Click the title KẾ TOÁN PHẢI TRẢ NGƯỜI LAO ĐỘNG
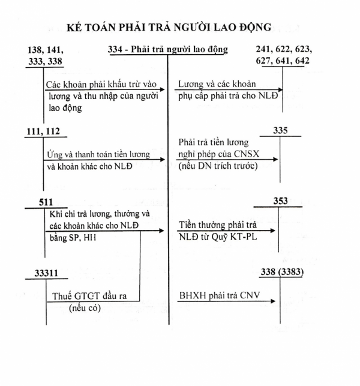click(x=169, y=27)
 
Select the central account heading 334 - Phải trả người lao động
click(x=168, y=49)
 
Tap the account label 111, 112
click(x=43, y=131)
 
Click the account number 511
click(x=46, y=202)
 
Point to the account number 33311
click(x=46, y=273)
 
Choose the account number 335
click(x=280, y=130)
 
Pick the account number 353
click(x=281, y=201)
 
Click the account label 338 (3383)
click(x=282, y=272)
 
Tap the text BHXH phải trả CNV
click(x=220, y=295)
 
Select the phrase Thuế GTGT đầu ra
click(x=89, y=296)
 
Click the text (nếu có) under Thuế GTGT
click(x=85, y=308)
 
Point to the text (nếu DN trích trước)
click(x=218, y=166)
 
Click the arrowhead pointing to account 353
click(x=272, y=231)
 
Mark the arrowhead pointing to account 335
click(x=275, y=160)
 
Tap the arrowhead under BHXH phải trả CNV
click(x=272, y=301)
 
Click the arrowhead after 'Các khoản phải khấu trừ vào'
click(x=162, y=89)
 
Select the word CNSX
click(x=247, y=154)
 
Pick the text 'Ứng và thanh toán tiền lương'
click(x=98, y=155)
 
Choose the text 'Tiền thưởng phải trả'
click(x=218, y=225)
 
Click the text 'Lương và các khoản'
click(x=217, y=84)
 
